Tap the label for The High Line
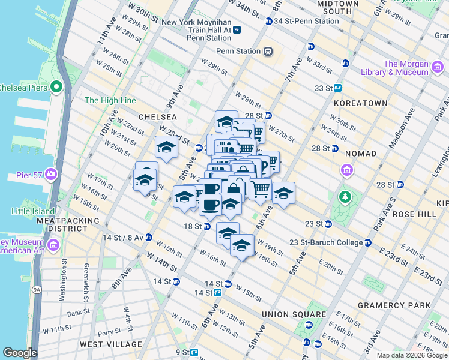pyautogui.click(x=110, y=100)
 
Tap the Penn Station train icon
pyautogui.click(x=268, y=52)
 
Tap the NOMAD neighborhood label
pyautogui.click(x=360, y=154)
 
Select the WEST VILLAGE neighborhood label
pyautogui.click(x=110, y=344)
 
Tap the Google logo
pyautogui.click(x=20, y=352)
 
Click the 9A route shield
pyautogui.click(x=37, y=290)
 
